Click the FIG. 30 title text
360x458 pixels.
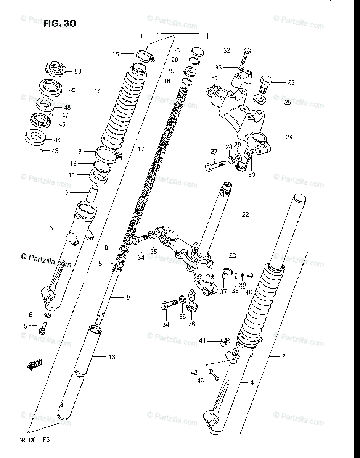coord(59,24)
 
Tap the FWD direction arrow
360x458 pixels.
coord(35,364)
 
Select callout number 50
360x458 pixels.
coord(77,71)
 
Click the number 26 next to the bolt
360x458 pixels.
coord(291,82)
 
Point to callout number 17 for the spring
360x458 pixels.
coord(141,149)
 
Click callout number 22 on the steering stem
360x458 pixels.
coord(245,214)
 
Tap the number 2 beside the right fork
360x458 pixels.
coord(283,356)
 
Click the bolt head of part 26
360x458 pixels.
coord(265,81)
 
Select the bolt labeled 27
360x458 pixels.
coord(215,165)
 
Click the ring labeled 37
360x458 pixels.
coord(227,273)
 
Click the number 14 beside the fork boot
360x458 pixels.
coord(99,91)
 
